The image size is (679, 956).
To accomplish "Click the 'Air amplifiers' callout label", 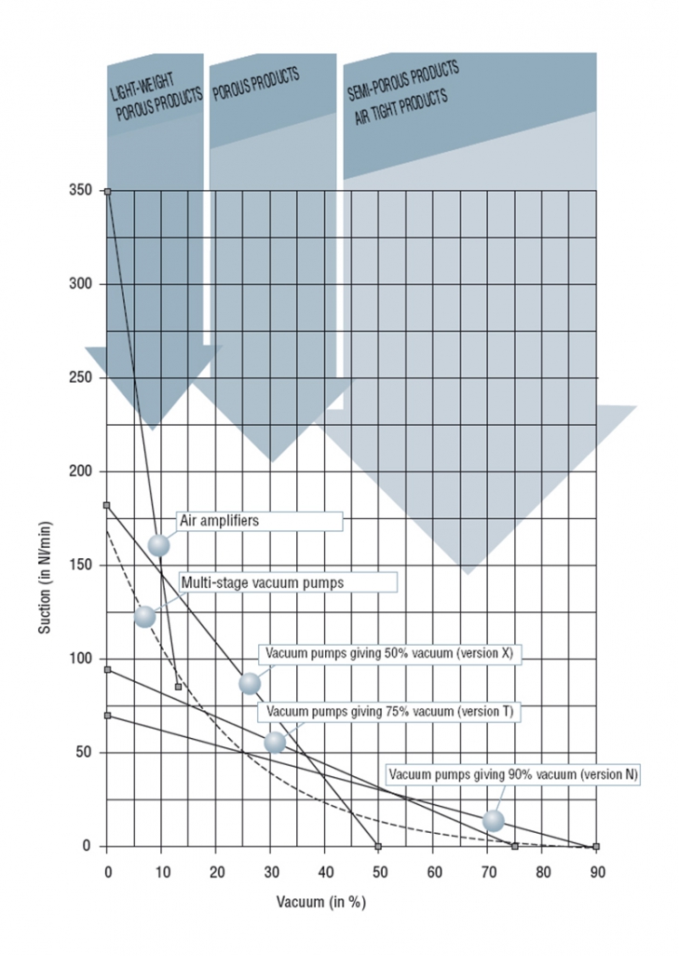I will point(217,522).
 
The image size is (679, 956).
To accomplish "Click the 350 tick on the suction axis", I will point(81,191).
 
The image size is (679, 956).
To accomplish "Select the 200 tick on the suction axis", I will point(81,471).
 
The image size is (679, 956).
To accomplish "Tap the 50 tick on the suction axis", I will point(85,753).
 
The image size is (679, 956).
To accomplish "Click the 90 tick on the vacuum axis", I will point(596,872).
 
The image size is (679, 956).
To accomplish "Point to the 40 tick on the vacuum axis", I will point(324,872).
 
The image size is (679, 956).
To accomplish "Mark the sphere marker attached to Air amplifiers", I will point(159,545).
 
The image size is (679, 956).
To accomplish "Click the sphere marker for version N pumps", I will point(494,821).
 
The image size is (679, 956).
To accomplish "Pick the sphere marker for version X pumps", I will point(250,683).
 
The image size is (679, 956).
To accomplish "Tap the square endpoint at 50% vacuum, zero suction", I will point(378,846).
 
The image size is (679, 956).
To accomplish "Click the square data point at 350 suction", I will point(107,191).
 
